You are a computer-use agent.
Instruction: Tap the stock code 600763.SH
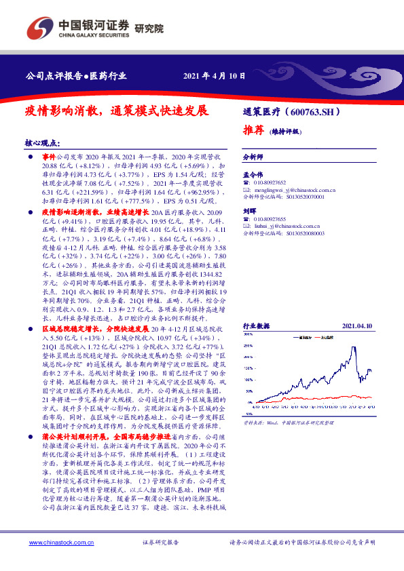318,111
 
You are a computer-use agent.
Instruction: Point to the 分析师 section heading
253,156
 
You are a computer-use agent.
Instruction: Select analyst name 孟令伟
253,174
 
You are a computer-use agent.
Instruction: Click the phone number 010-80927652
274,183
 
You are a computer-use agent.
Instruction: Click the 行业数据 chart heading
257,326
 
